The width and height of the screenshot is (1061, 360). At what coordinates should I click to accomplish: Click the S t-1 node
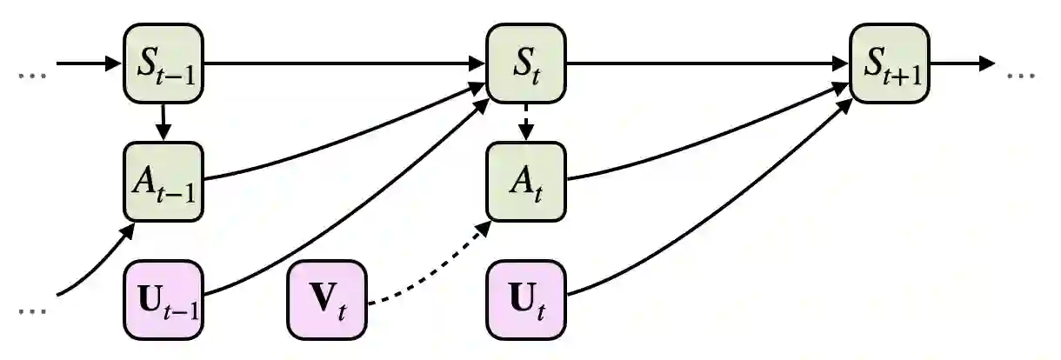[163, 63]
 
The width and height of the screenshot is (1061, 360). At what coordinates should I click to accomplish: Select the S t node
[525, 63]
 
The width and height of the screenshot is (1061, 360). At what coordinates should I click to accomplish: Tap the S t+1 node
[889, 63]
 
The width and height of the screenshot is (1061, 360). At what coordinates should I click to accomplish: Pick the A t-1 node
[163, 181]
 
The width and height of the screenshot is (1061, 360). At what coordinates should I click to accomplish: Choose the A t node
[525, 181]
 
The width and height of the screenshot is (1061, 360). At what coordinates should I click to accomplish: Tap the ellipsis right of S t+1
[1021, 76]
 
